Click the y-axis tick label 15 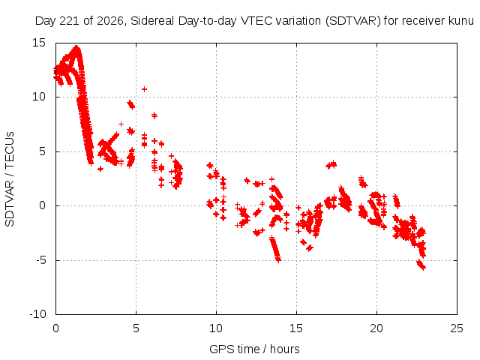point(39,43)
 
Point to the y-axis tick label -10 point(37,314)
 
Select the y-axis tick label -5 point(40,260)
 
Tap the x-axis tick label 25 point(457,328)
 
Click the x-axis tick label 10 point(216,328)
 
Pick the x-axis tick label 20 point(376,328)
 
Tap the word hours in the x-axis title point(285,349)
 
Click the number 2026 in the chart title point(110,21)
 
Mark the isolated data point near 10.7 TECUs point(144,89)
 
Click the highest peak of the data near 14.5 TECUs point(76,48)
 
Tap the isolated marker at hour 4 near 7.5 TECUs point(121,124)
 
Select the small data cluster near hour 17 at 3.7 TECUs point(331,165)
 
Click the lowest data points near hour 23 point(421,265)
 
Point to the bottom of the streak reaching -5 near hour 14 point(278,260)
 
